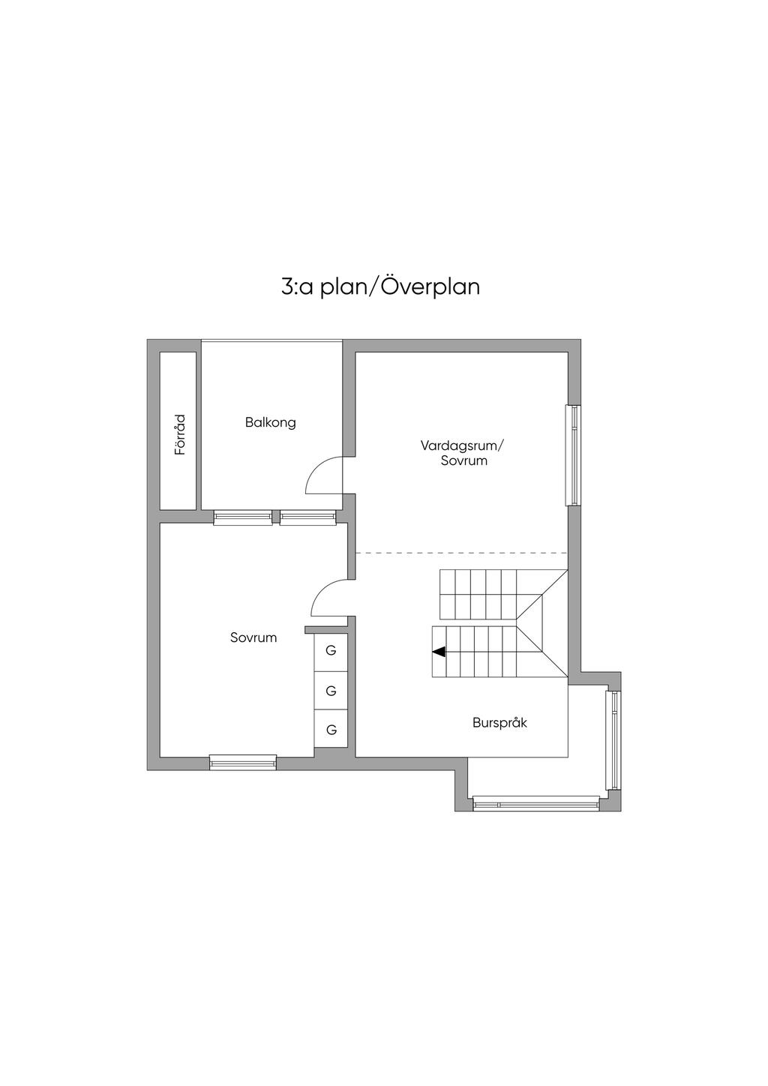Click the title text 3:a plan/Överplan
pyautogui.click(x=380, y=286)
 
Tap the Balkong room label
pyautogui.click(x=270, y=422)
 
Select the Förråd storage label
pyautogui.click(x=180, y=434)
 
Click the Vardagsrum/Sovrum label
pyautogui.click(x=462, y=453)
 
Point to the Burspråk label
pyautogui.click(x=499, y=722)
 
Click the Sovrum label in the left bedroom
pyautogui.click(x=253, y=637)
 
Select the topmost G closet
pyautogui.click(x=331, y=650)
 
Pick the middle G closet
pyautogui.click(x=331, y=691)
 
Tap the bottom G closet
pyautogui.click(x=331, y=729)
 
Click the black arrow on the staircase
pyautogui.click(x=439, y=652)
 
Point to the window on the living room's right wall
pyautogui.click(x=574, y=455)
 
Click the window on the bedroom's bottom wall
pyautogui.click(x=243, y=762)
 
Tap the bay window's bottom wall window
pyautogui.click(x=535, y=804)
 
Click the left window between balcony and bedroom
pyautogui.click(x=243, y=517)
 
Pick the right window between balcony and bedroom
pyautogui.click(x=307, y=517)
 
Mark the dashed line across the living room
pyautogui.click(x=461, y=553)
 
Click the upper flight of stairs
pyautogui.click(x=503, y=594)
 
